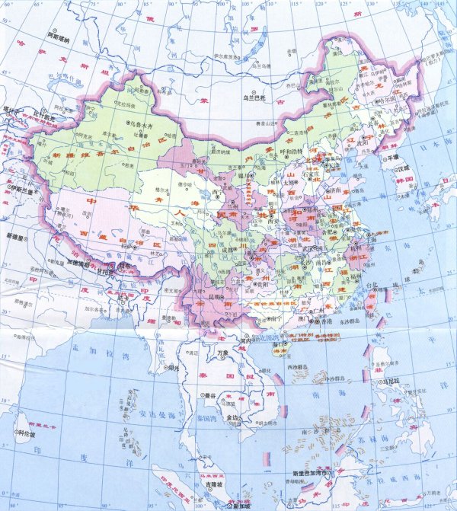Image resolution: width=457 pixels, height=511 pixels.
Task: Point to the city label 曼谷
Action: [x=207, y=395]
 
